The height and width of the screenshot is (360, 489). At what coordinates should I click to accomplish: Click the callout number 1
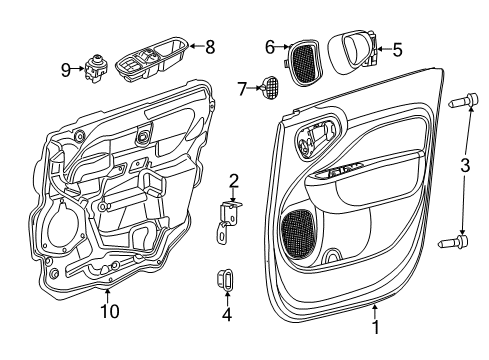(x=374, y=325)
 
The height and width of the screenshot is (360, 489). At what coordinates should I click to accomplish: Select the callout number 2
(x=233, y=181)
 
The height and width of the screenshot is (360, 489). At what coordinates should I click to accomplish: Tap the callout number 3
(x=462, y=165)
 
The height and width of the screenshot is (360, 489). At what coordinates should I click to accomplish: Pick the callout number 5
(x=396, y=49)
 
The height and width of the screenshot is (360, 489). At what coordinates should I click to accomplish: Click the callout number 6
(x=270, y=46)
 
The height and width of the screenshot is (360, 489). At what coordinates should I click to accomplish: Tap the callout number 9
(x=65, y=68)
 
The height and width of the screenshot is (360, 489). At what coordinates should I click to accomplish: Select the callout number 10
(x=109, y=311)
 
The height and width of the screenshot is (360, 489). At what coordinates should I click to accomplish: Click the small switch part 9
(x=96, y=70)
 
